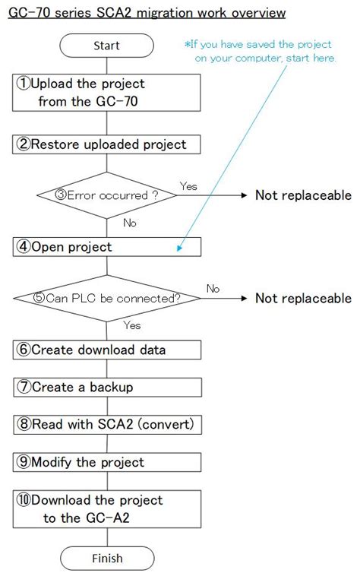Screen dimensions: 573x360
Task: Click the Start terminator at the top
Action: point(107,46)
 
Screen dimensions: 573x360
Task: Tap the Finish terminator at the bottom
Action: point(107,558)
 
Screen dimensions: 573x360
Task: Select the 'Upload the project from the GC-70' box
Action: point(107,92)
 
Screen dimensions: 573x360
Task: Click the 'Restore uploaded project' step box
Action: point(107,144)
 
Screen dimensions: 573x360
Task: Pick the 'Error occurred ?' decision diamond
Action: point(107,195)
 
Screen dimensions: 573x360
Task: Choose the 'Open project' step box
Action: point(107,246)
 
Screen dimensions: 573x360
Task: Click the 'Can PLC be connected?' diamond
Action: point(107,298)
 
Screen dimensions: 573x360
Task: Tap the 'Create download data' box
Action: point(107,350)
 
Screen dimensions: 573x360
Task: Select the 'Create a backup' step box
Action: point(107,387)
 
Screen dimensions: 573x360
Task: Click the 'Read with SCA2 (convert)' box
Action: point(107,424)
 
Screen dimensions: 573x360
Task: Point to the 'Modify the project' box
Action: point(107,461)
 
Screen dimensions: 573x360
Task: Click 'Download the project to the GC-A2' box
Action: point(107,508)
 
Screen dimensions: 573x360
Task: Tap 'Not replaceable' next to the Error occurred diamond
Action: point(303,195)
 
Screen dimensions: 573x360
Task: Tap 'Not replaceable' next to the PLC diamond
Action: point(303,298)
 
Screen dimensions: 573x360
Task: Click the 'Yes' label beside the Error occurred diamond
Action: point(189,185)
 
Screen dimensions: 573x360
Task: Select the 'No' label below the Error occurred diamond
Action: point(130,223)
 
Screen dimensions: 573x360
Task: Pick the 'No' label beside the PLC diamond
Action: point(213,288)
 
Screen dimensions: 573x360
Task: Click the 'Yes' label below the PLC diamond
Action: point(132,324)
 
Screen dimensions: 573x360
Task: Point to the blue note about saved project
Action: point(261,52)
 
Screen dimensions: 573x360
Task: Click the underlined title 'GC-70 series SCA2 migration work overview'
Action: point(147,13)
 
